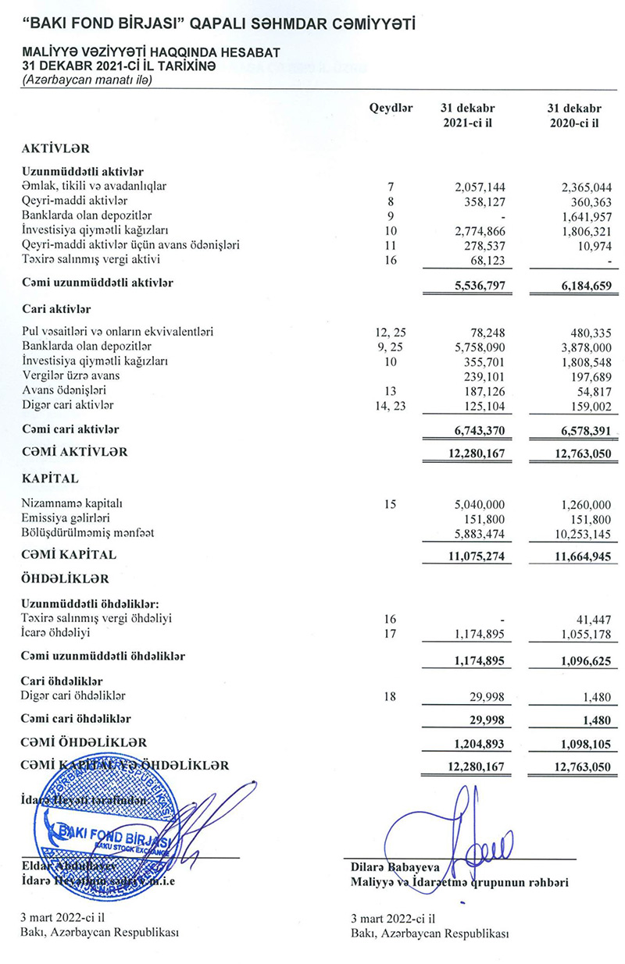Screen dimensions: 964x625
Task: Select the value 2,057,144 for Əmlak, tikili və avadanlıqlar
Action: (x=479, y=187)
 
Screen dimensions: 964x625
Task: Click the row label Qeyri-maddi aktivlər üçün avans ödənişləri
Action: (x=130, y=245)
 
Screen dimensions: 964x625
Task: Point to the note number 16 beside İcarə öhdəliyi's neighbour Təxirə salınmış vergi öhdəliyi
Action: (x=391, y=618)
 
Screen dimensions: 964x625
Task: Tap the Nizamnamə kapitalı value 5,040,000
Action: (x=479, y=504)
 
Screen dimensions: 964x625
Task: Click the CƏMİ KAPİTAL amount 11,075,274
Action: (x=476, y=556)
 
